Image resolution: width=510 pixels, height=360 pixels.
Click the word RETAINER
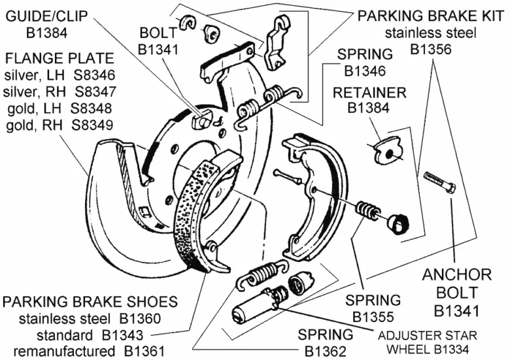[x=369, y=92]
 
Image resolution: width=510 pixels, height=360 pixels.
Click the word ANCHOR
[x=456, y=274]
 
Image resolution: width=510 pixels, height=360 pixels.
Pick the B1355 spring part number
[x=373, y=317]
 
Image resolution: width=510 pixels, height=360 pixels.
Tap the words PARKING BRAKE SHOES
[x=90, y=302]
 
